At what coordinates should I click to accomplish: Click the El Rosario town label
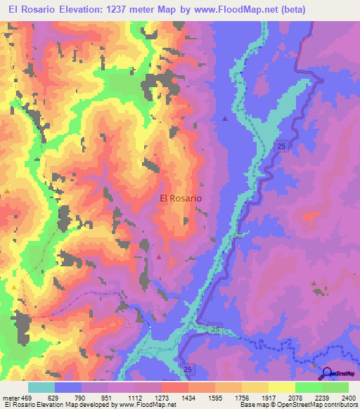click(181, 199)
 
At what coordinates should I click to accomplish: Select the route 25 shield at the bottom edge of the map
click(188, 368)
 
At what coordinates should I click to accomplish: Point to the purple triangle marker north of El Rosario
click(225, 118)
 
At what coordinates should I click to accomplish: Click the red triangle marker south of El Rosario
click(159, 257)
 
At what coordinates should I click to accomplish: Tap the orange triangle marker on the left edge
click(7, 190)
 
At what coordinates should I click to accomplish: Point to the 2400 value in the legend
click(349, 397)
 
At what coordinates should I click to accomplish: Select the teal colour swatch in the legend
click(41, 387)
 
